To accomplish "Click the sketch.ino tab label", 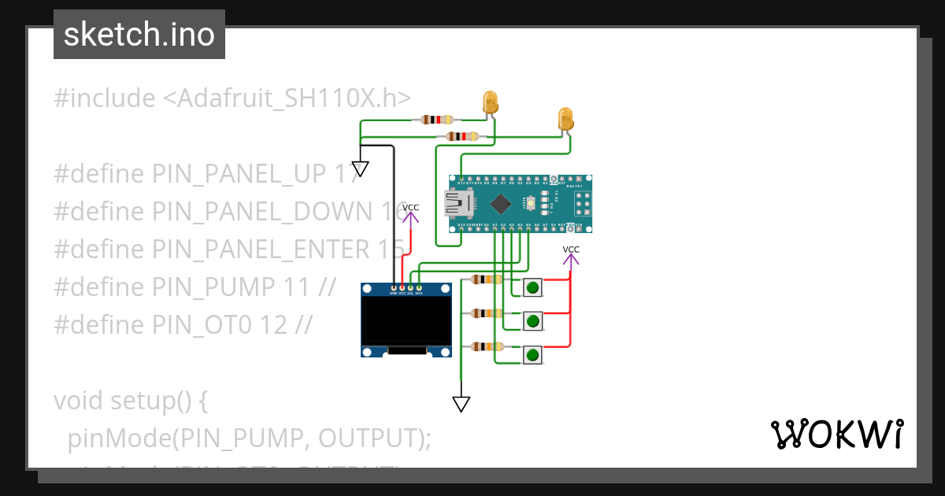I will click(x=139, y=35).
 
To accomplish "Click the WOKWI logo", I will click(x=836, y=435).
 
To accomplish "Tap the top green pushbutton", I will click(x=533, y=287).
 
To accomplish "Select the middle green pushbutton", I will click(x=533, y=320).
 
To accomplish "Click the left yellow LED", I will click(x=490, y=102).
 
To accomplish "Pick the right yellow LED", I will click(x=565, y=119).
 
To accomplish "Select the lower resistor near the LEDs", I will click(x=461, y=136).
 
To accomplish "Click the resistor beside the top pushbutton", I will click(x=487, y=279).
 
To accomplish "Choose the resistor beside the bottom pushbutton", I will click(x=487, y=346).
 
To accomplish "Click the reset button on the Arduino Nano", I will click(x=533, y=203).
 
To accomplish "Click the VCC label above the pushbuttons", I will click(x=571, y=250).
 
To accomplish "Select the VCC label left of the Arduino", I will click(x=410, y=208).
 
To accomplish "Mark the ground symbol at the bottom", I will click(x=461, y=404).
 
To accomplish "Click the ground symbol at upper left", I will click(x=360, y=168).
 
